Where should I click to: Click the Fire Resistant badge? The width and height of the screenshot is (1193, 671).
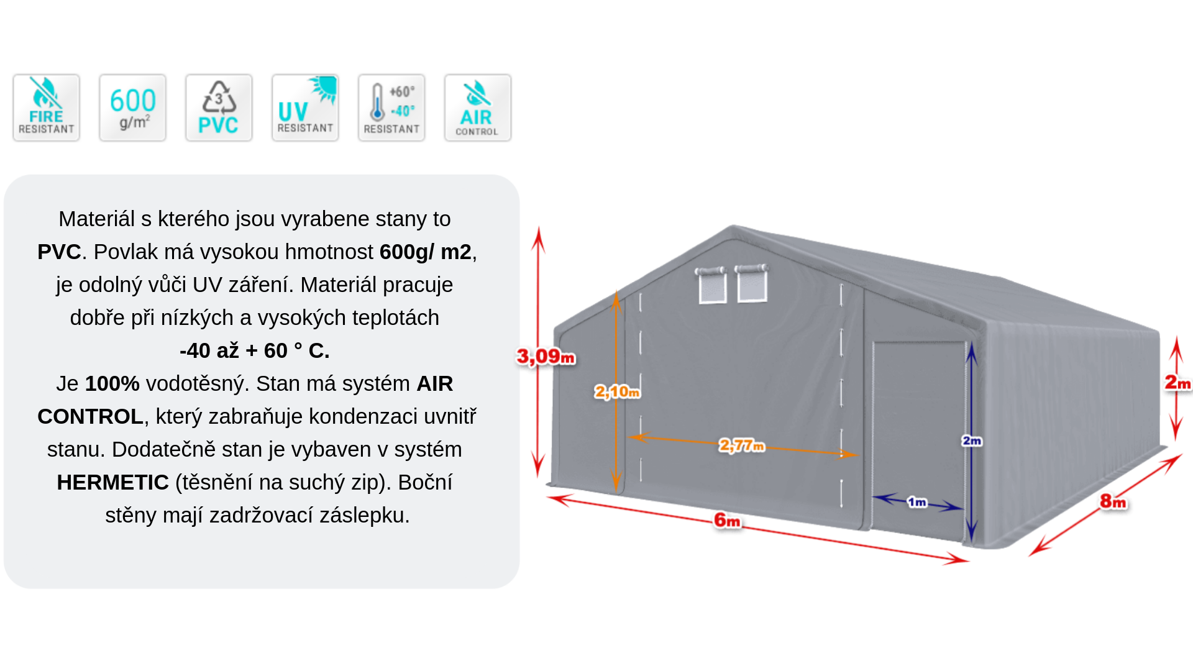pyautogui.click(x=47, y=108)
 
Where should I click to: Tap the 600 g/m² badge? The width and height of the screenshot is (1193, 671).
pyautogui.click(x=132, y=108)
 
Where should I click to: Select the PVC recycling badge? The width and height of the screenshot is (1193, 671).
pyautogui.click(x=219, y=108)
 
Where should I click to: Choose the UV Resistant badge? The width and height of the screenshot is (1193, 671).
pyautogui.click(x=305, y=108)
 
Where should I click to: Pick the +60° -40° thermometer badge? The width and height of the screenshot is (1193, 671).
pyautogui.click(x=391, y=108)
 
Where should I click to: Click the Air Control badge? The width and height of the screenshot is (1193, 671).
pyautogui.click(x=478, y=108)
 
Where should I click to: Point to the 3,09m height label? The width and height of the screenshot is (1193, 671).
pyautogui.click(x=546, y=357)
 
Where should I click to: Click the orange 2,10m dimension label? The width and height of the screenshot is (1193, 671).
pyautogui.click(x=617, y=392)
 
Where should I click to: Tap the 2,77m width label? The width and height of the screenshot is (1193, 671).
pyautogui.click(x=742, y=445)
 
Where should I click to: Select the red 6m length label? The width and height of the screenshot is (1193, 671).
pyautogui.click(x=728, y=520)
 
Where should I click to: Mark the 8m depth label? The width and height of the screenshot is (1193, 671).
pyautogui.click(x=1113, y=501)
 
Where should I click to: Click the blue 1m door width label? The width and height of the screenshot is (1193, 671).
pyautogui.click(x=917, y=502)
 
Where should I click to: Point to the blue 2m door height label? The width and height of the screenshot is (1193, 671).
pyautogui.click(x=972, y=440)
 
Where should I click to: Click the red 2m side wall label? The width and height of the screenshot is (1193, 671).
pyautogui.click(x=1178, y=383)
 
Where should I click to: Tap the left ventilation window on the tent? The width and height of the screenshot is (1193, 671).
pyautogui.click(x=711, y=285)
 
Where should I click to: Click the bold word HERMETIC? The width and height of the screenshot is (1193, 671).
pyautogui.click(x=113, y=482)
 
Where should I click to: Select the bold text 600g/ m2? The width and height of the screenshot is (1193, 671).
pyautogui.click(x=426, y=252)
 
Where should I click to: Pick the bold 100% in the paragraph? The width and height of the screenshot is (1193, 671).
pyautogui.click(x=112, y=383)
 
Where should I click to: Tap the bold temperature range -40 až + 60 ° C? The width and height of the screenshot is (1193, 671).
pyautogui.click(x=255, y=350)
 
